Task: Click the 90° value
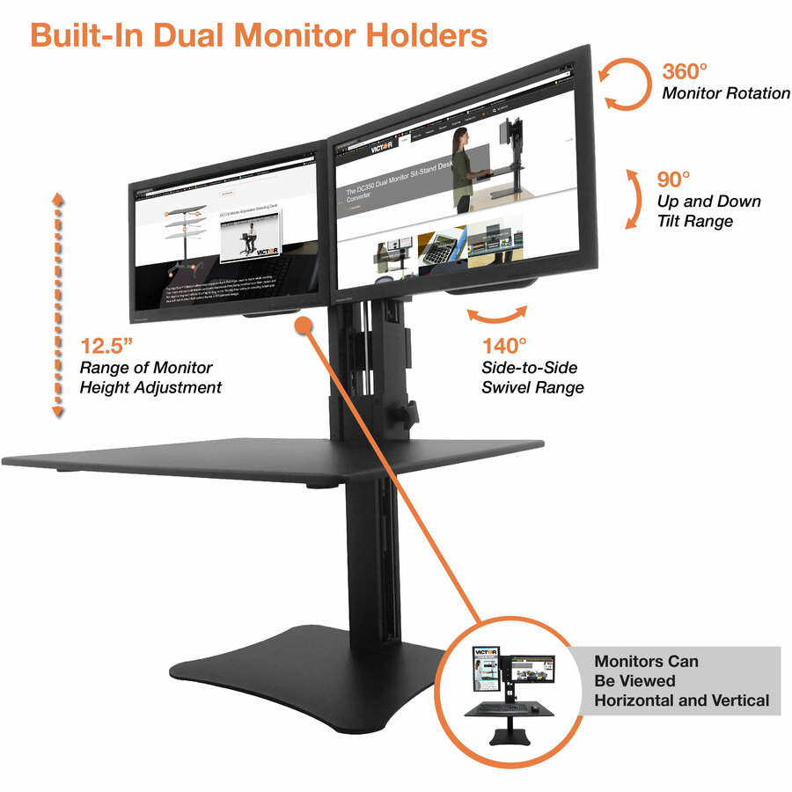674,180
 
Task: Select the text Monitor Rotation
726,93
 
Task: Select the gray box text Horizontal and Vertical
682,700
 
